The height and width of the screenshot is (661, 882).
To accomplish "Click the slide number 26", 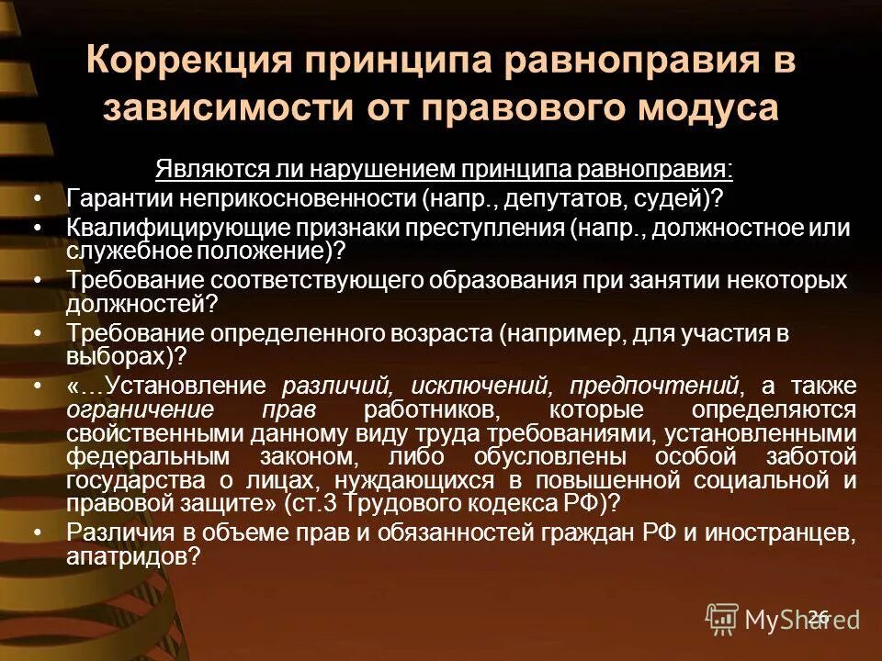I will (820, 616).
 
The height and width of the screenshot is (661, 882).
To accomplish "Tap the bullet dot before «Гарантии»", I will (38, 199).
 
